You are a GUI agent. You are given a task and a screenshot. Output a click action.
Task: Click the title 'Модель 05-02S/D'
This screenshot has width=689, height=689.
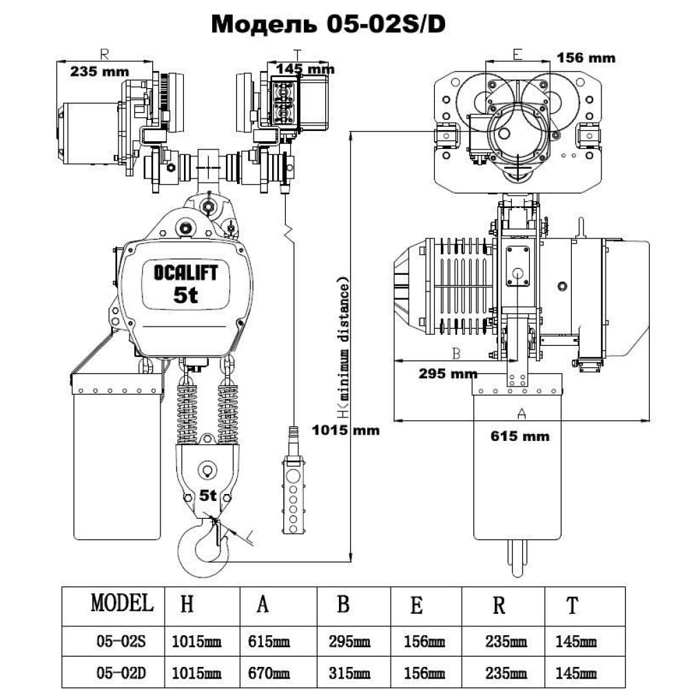[328, 24]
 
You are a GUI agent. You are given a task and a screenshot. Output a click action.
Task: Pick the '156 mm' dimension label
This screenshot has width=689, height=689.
[586, 58]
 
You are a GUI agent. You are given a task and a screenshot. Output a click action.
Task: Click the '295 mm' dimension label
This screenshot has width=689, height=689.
[449, 373]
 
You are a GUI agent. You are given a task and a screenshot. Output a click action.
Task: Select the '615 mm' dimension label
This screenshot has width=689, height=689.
[520, 435]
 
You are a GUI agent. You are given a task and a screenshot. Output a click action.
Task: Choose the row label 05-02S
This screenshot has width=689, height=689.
[122, 642]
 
